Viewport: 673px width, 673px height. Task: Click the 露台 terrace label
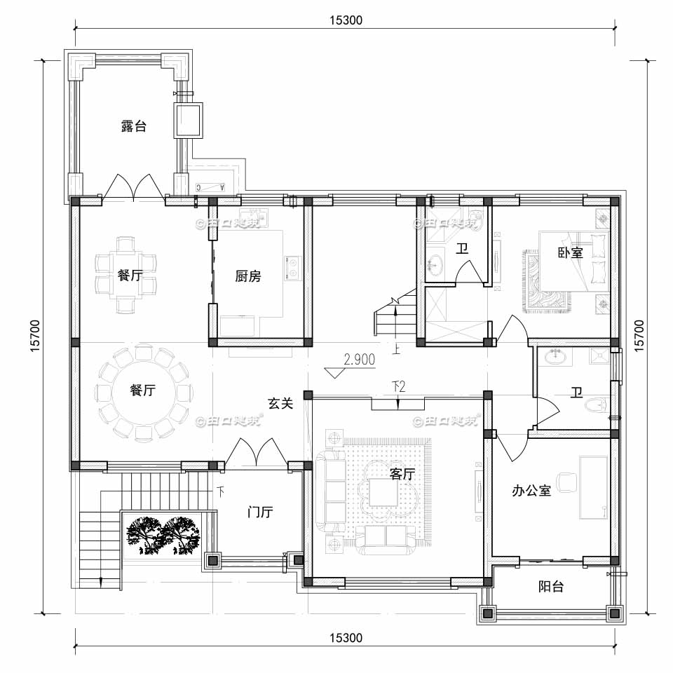pos(133,127)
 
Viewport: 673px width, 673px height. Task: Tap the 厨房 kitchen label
pos(248,276)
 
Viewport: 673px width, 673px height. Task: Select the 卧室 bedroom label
pos(571,252)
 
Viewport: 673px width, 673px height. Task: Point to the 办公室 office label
pos(531,491)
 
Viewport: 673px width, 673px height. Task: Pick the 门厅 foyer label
pos(260,512)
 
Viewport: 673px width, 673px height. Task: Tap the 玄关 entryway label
pos(280,404)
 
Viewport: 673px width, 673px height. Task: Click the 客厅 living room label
pos(402,474)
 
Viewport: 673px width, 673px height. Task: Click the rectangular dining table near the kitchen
pos(125,275)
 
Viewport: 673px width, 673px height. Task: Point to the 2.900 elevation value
pos(360,360)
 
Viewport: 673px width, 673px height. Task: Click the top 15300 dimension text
pos(345,20)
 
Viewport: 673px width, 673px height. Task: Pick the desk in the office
pos(593,487)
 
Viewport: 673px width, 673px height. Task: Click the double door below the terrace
pos(134,186)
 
